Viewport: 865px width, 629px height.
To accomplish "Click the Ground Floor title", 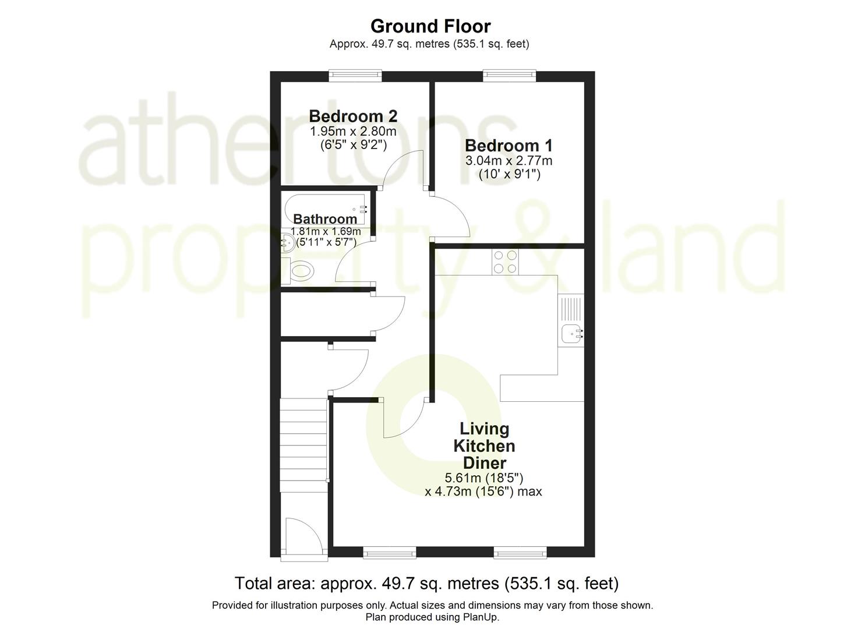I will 430,26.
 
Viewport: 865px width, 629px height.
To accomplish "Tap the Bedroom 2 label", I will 353,116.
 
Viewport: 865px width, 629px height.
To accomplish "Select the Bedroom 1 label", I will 509,146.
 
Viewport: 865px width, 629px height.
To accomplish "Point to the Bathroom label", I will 325,219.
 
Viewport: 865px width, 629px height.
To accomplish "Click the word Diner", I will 484,463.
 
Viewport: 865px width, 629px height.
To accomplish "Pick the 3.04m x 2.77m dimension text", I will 509,160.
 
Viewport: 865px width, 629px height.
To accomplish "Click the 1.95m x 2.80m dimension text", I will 353,131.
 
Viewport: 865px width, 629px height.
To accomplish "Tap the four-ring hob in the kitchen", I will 505,261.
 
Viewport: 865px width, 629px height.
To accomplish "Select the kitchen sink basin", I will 571,334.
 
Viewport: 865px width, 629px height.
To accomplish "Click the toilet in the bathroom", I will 301,271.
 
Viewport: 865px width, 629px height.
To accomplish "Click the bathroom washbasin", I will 287,240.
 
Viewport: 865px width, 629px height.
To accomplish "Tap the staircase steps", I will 303,440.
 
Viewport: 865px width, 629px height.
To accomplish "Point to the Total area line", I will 426,583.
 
